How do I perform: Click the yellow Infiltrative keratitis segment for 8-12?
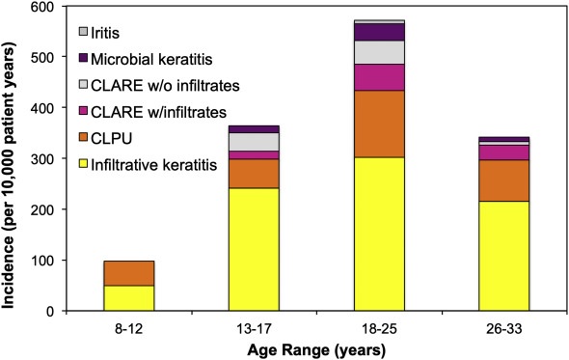(x=129, y=298)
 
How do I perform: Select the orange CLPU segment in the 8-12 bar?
(x=129, y=273)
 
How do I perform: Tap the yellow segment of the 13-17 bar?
(x=254, y=249)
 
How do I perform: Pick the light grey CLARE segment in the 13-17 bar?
(x=254, y=142)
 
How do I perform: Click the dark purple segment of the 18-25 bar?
(x=379, y=32)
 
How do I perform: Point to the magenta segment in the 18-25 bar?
(x=379, y=77)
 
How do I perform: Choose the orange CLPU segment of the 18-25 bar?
(x=379, y=124)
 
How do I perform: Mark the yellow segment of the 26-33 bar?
(x=504, y=256)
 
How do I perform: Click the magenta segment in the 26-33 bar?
(x=504, y=152)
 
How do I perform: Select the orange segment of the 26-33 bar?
(x=504, y=180)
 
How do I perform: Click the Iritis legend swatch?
(x=83, y=32)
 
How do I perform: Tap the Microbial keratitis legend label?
(x=151, y=59)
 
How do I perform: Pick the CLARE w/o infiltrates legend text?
(x=165, y=86)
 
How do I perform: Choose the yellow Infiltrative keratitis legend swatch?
(x=83, y=163)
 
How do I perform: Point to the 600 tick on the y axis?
(x=65, y=6)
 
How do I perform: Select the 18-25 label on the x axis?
(x=379, y=329)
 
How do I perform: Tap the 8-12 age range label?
(x=129, y=329)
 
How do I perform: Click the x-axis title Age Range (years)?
(x=316, y=351)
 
